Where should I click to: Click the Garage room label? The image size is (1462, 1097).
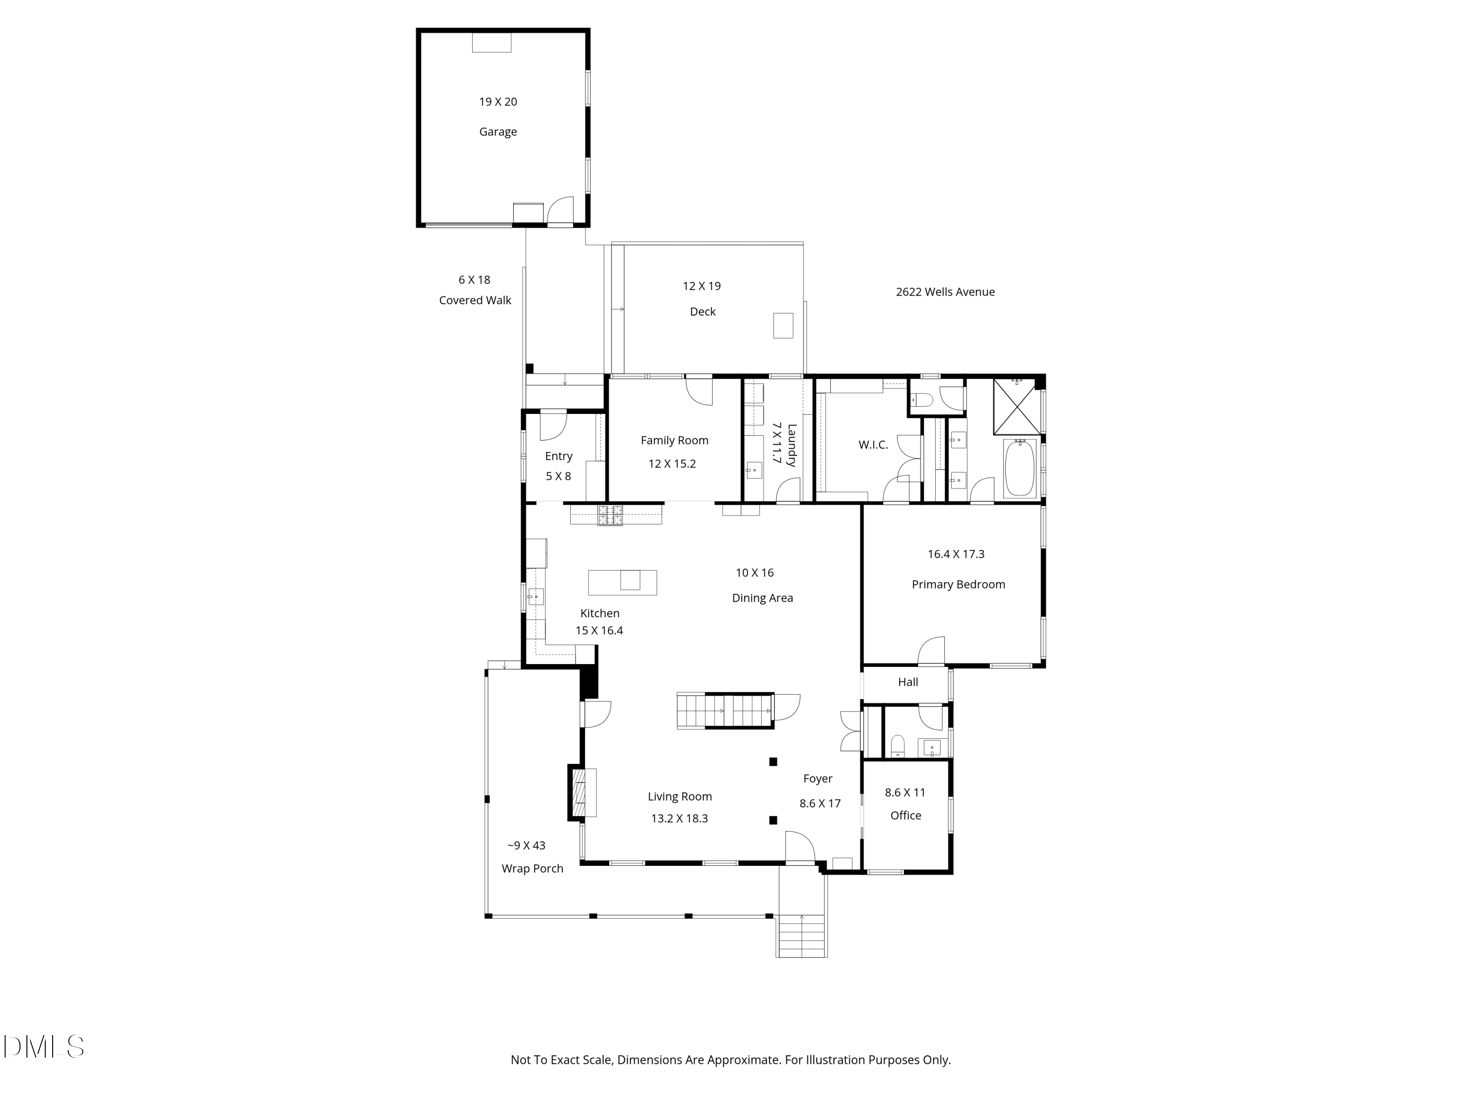[x=498, y=132]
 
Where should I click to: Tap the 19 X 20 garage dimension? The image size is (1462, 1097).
[x=498, y=102]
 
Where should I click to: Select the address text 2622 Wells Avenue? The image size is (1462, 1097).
[x=944, y=292]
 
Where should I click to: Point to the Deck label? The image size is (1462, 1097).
[x=703, y=312]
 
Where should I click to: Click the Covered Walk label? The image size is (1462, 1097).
[x=475, y=300]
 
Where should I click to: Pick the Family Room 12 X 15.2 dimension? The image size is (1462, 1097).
[x=672, y=464]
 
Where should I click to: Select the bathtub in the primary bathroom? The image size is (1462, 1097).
[x=1019, y=468]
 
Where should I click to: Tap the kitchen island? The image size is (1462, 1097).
[x=622, y=582]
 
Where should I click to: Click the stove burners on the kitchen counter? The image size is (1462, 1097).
[x=610, y=515]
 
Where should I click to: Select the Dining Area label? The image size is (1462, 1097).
[x=762, y=598]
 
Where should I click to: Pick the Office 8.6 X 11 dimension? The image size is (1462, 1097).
[x=905, y=792]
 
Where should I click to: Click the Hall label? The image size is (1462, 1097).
[x=907, y=682]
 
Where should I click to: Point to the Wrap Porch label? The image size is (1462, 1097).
[x=532, y=868]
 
